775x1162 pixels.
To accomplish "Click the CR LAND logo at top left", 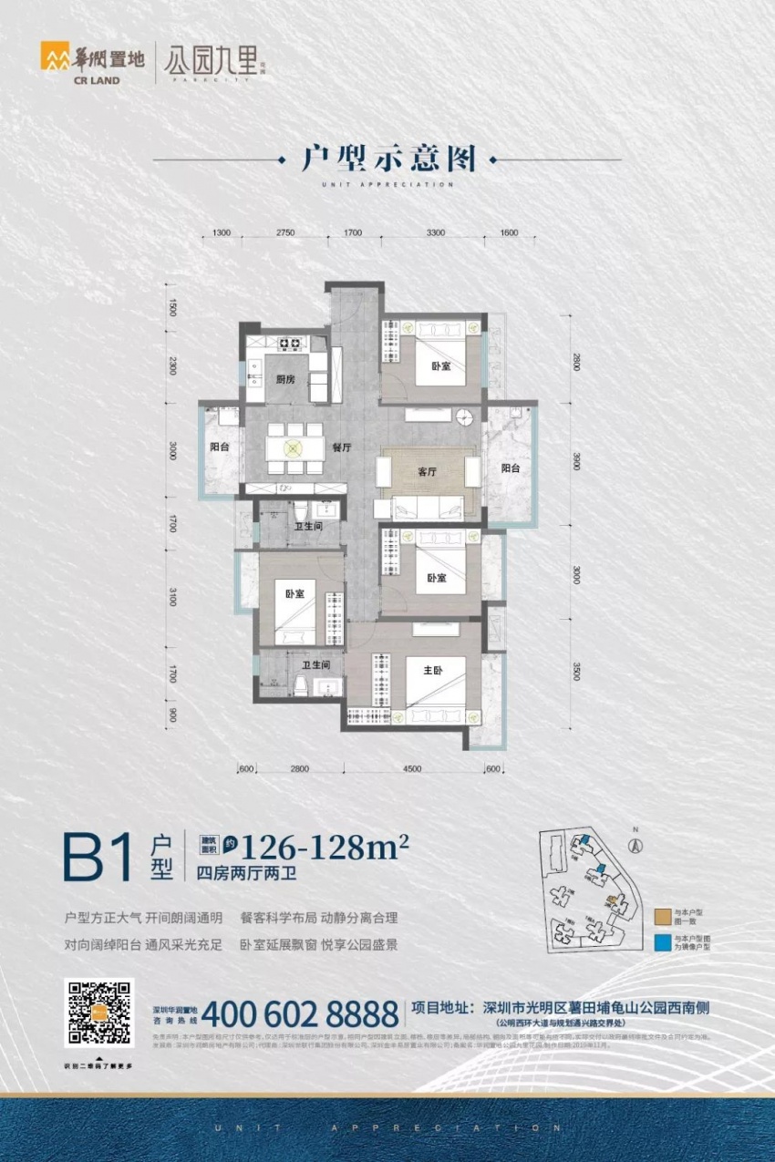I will coord(80,63).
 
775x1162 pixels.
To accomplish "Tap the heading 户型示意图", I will coord(389,159).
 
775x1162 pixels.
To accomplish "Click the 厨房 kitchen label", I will coord(285,380).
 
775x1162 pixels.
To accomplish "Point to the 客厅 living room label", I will coord(428,471).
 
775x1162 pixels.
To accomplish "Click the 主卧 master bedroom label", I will coord(433,672).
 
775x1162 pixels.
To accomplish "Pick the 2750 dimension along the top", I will coord(285,233).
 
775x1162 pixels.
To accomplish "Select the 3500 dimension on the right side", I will coord(576,673).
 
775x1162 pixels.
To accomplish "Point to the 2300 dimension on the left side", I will coord(172,367).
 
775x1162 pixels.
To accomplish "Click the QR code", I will coord(98,1013).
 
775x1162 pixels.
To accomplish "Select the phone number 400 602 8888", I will coord(300,1013).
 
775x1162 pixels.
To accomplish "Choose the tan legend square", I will coord(662,915).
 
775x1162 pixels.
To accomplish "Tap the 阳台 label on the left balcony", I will coord(219,447).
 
